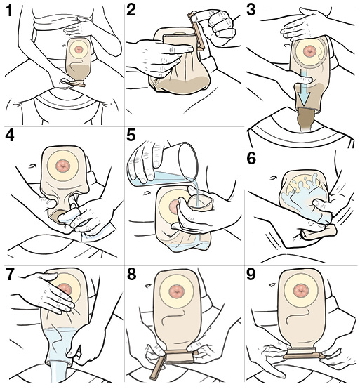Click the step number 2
[131, 10]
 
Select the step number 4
[10, 135]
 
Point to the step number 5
[131, 135]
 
